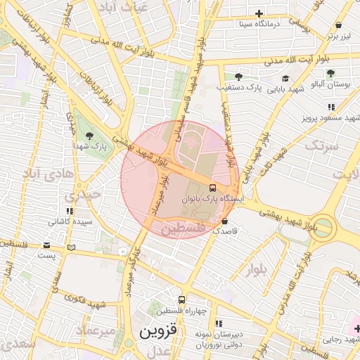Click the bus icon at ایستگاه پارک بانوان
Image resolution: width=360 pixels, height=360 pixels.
tap(212, 188)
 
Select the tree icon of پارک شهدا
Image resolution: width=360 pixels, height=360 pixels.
tap(89, 135)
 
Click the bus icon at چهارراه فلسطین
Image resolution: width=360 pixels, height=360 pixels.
tap(182, 300)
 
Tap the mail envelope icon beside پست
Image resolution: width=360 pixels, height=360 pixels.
tap(47, 246)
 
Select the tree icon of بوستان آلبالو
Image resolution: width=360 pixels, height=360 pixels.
tap(330, 73)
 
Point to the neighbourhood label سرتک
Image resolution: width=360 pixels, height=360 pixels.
tap(322, 146)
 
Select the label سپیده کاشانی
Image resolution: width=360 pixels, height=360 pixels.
tap(70, 221)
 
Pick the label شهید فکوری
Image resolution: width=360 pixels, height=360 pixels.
tap(86, 304)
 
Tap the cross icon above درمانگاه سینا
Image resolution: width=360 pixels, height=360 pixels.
tap(259, 13)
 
